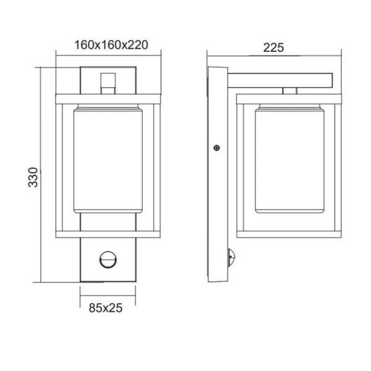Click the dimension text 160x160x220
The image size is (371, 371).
108,46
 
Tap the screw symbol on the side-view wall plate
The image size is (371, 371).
216,147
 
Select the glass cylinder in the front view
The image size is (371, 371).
108,160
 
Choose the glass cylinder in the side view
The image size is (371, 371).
288,160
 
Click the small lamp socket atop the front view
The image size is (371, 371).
108,82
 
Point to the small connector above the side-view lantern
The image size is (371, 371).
289,92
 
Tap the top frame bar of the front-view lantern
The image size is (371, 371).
108,98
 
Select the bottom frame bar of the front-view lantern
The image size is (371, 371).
108,234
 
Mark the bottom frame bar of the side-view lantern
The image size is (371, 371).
288,234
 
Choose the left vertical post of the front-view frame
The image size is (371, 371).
61,166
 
